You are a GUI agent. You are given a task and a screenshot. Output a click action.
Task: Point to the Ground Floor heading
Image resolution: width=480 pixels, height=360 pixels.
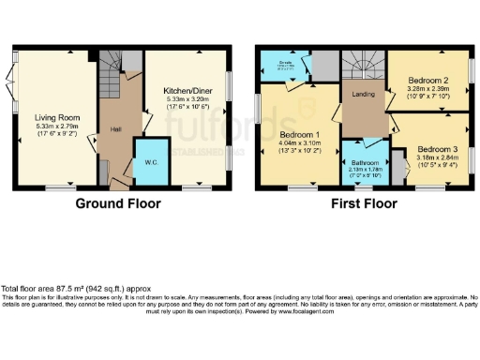click(x=117, y=203)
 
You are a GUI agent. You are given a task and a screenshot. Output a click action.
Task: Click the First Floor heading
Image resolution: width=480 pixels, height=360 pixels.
click(x=364, y=203)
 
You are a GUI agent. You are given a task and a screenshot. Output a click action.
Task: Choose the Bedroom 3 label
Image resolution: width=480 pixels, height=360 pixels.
click(x=437, y=149)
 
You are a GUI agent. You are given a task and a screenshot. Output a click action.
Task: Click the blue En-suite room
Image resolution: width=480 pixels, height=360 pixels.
click(x=285, y=66)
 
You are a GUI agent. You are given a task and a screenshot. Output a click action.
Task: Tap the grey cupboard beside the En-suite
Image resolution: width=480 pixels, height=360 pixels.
click(x=324, y=66)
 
